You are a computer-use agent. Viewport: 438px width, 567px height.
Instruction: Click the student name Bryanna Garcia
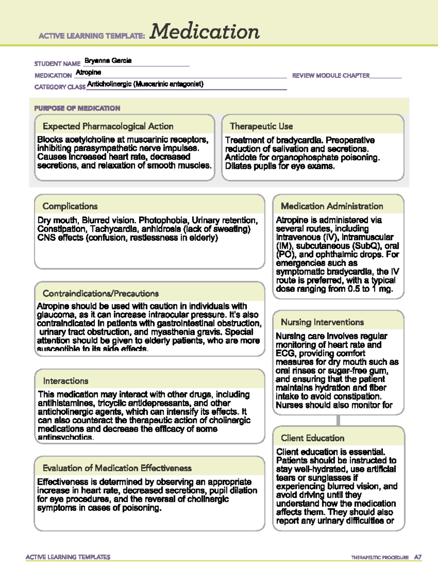[x=108, y=61]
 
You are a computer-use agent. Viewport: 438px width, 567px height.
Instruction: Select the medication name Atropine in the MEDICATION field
[x=88, y=72]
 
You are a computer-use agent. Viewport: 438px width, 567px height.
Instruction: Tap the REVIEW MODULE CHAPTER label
[x=331, y=76]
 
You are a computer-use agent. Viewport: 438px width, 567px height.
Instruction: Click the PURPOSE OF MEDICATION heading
[x=77, y=108]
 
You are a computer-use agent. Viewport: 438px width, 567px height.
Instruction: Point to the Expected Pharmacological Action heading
[x=108, y=126]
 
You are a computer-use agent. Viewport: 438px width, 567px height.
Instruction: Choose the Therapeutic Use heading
[x=261, y=126]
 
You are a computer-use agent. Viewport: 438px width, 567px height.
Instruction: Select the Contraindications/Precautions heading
[x=101, y=294]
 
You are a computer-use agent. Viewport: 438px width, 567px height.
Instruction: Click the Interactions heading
[x=66, y=381]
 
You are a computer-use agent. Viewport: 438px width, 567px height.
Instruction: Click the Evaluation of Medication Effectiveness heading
[x=117, y=468]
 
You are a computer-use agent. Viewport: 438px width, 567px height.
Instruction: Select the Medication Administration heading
[x=332, y=206]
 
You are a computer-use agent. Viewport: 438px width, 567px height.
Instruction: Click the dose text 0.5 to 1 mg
[x=366, y=289]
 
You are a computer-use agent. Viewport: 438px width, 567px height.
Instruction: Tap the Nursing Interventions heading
[x=322, y=322]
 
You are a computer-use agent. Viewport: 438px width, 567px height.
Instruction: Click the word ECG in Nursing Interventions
[x=285, y=353]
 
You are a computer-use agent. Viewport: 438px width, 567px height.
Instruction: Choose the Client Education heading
[x=312, y=438]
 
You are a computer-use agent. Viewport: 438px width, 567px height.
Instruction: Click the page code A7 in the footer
[x=418, y=557]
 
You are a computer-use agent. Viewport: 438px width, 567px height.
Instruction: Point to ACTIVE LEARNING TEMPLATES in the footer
[x=68, y=557]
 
